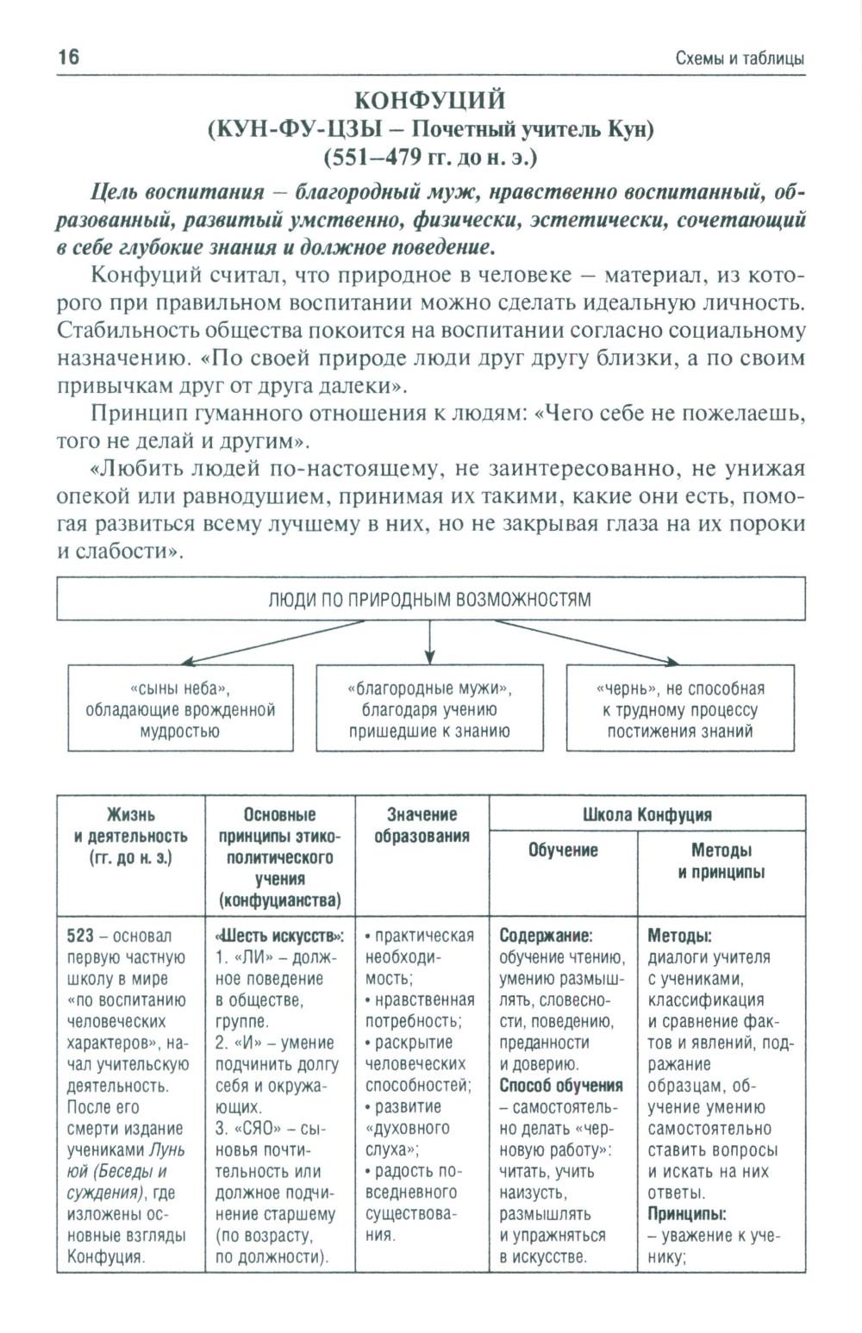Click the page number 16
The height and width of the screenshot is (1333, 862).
[68, 58]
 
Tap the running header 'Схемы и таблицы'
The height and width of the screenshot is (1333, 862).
[740, 59]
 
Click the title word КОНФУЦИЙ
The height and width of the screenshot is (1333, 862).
[430, 101]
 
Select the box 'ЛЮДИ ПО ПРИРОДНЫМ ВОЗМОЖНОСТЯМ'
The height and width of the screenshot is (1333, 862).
[430, 599]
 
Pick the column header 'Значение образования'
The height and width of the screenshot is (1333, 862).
[422, 825]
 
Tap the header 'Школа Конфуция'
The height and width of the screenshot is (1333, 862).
[646, 813]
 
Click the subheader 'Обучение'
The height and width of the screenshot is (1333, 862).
[563, 850]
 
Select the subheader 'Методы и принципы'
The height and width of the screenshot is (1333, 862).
[721, 861]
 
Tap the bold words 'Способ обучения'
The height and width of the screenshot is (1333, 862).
[561, 1086]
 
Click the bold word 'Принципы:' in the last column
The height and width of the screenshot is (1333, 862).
[686, 1214]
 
